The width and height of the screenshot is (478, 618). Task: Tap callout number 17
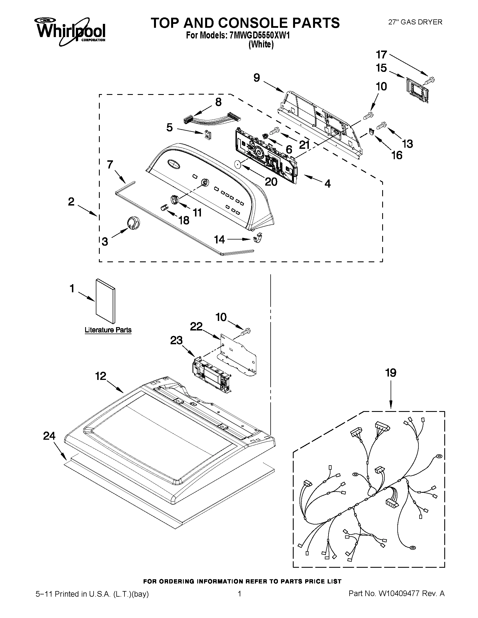coord(381,55)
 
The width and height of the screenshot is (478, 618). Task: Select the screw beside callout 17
coord(430,80)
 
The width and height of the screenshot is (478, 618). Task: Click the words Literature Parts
coord(108,330)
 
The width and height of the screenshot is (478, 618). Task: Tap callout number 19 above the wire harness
coord(391,373)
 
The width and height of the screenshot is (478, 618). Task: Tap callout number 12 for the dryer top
coord(101,376)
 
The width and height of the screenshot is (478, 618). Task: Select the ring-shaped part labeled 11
coord(175,199)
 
